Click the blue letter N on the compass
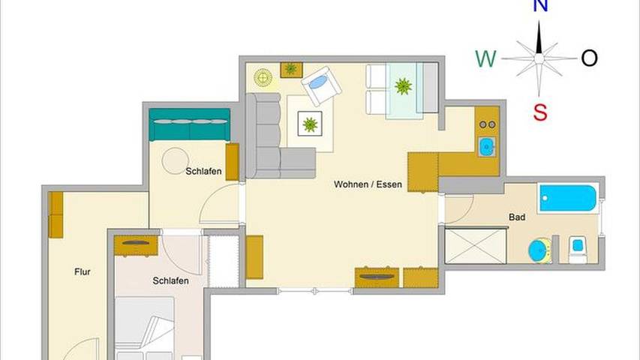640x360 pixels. tap(539, 7)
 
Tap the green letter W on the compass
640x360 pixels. tap(486, 58)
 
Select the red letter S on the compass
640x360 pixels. tap(540, 112)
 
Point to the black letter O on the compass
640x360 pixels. tap(590, 58)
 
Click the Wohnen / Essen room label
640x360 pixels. tap(368, 184)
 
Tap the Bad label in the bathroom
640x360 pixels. tap(517, 217)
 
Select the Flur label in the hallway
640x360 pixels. tap(83, 272)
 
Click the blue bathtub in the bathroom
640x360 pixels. tap(567, 199)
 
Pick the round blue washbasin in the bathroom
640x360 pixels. tap(539, 249)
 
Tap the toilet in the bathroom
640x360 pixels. tap(577, 250)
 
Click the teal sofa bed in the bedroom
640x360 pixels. tap(190, 125)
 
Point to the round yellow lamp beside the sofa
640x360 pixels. tap(263, 77)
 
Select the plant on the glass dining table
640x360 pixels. tap(403, 86)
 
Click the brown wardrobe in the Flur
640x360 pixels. tap(56, 214)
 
